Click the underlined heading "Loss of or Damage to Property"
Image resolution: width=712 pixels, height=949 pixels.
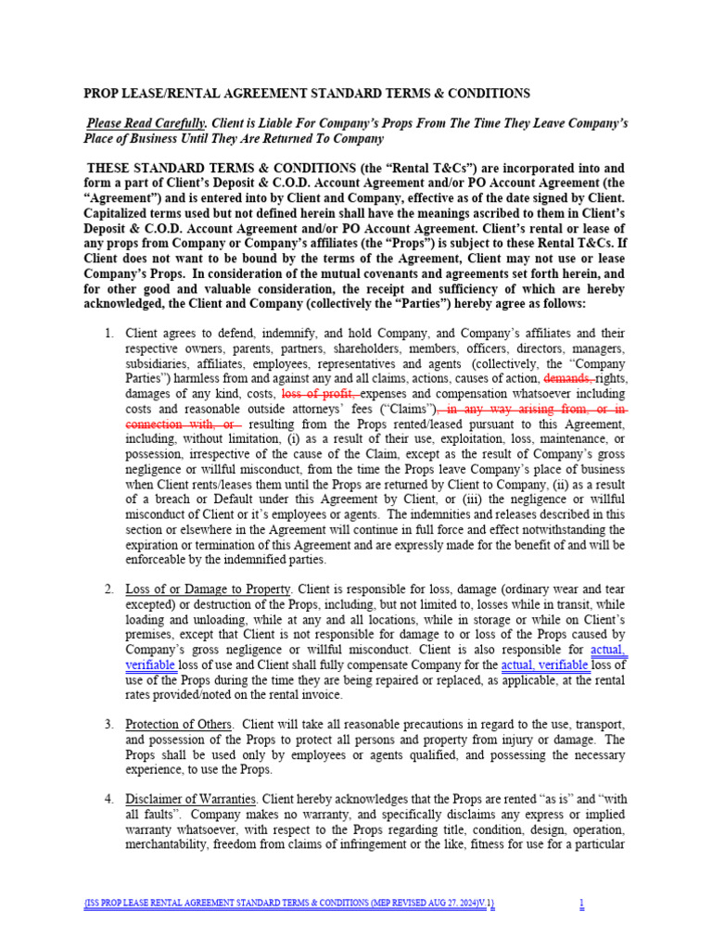208,589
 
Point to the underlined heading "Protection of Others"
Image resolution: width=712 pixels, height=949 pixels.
180,724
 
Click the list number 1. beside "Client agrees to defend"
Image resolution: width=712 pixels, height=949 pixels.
108,334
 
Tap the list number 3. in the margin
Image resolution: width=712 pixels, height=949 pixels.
108,724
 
